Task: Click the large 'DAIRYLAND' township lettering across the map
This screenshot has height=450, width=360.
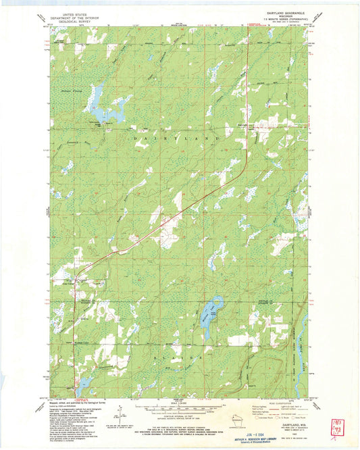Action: [178, 136]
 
